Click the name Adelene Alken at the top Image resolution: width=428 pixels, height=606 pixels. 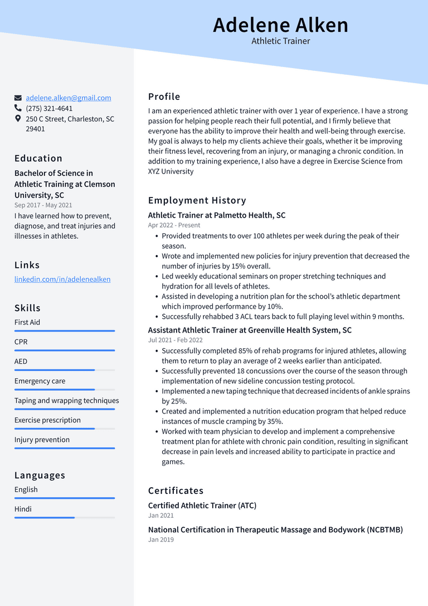pyautogui.click(x=280, y=25)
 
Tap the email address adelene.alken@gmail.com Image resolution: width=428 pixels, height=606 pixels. pyautogui.click(x=68, y=98)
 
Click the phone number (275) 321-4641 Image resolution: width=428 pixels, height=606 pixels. pyautogui.click(x=49, y=108)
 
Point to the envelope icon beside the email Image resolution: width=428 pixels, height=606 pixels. pyautogui.click(x=18, y=98)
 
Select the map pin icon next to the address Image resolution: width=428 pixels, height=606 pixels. pyautogui.click(x=18, y=119)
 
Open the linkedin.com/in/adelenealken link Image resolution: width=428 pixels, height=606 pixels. pyautogui.click(x=62, y=279)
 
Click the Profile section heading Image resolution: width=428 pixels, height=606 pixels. pyautogui.click(x=164, y=97)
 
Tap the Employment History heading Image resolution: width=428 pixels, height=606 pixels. pyautogui.click(x=197, y=200)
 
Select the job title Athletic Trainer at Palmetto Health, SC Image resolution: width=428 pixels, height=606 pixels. pyautogui.click(x=217, y=215)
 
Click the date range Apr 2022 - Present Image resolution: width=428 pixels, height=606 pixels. pyautogui.click(x=174, y=225)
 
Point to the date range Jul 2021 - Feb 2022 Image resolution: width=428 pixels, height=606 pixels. pyautogui.click(x=175, y=340)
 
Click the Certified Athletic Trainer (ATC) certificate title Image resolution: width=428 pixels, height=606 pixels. pyautogui.click(x=202, y=506)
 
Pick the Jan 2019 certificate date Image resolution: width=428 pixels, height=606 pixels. pyautogui.click(x=161, y=540)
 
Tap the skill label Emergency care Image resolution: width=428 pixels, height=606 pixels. pyautogui.click(x=40, y=381)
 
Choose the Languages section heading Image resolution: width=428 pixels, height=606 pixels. pyautogui.click(x=40, y=475)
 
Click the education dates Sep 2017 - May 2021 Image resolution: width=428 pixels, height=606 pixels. pyautogui.click(x=43, y=205)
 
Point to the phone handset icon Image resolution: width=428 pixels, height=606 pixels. pyautogui.click(x=18, y=108)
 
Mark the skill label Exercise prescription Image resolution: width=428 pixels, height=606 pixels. pyautogui.click(x=47, y=420)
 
